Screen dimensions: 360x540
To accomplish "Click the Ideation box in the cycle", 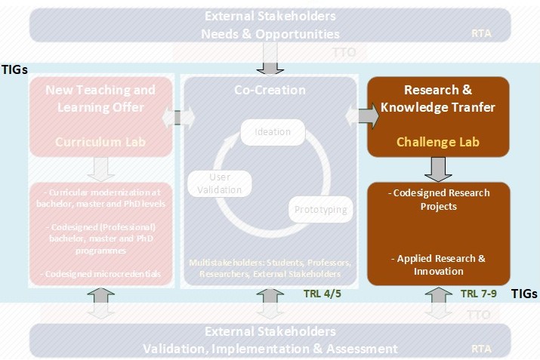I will [x=273, y=132].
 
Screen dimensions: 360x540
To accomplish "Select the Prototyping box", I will [x=320, y=209].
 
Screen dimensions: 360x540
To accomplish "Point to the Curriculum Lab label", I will [x=100, y=141].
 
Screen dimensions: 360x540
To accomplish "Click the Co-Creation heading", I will [x=270, y=90].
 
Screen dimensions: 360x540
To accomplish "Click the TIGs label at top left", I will [x=14, y=69].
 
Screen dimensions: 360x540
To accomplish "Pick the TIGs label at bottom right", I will [x=525, y=294].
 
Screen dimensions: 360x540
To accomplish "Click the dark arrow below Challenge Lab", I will [x=438, y=167].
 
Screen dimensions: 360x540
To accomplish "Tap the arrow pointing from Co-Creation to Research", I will [x=364, y=117].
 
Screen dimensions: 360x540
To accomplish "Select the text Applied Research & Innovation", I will [x=438, y=264].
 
